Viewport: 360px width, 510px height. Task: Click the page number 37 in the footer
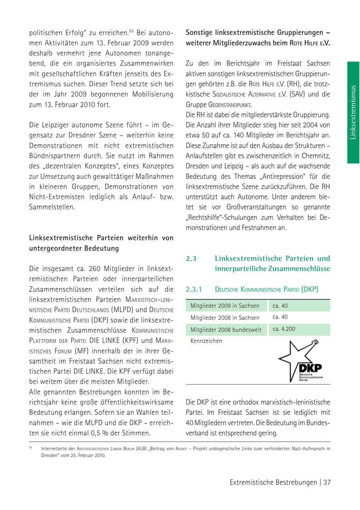[x=327, y=482]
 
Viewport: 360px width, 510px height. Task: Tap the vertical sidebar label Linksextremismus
[x=353, y=112]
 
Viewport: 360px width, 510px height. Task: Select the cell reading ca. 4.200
[x=284, y=329]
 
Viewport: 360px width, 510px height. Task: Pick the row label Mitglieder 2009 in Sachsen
[x=225, y=306]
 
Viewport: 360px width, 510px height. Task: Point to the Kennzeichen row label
[x=206, y=341]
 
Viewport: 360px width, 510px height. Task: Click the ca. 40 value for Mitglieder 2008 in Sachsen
[x=280, y=317]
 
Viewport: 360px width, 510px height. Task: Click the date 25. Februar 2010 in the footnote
[x=85, y=455]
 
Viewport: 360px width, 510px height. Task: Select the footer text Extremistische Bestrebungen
[x=273, y=482]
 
